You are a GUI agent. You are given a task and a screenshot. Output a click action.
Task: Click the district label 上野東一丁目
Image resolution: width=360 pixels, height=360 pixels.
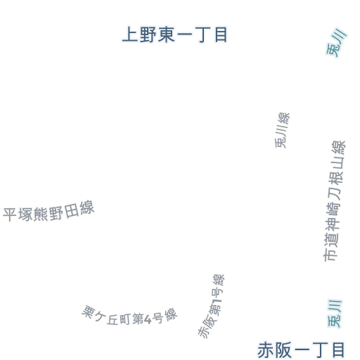click(174, 34)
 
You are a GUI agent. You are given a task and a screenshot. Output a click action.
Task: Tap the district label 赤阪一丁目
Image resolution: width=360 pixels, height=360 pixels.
click(301, 350)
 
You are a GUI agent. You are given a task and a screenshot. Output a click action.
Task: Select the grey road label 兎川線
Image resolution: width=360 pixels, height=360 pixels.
click(283, 130)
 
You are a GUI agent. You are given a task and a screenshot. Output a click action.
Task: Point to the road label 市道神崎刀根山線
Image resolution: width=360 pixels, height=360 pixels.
click(335, 201)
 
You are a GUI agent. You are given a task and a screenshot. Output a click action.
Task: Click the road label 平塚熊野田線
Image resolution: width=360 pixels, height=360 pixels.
click(49, 212)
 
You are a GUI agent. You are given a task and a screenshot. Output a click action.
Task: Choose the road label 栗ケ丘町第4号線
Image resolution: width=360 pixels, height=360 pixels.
click(129, 316)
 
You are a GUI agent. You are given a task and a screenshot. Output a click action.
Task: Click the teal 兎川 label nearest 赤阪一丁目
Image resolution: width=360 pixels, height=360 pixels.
click(335, 314)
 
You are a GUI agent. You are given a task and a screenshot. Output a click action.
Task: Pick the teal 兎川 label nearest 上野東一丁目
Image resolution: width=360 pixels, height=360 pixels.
click(337, 43)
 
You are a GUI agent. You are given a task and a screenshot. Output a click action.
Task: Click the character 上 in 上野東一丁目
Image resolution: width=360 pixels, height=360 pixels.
click(130, 34)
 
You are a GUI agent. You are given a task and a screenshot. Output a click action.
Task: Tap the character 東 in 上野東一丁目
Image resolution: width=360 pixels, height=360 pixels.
click(167, 34)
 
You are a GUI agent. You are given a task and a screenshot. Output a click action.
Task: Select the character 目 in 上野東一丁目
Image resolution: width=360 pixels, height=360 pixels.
click(221, 34)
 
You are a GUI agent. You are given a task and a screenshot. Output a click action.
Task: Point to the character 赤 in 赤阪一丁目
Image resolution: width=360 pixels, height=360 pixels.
click(265, 350)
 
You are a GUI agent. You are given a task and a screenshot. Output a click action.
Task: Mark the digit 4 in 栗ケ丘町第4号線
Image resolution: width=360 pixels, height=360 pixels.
click(148, 319)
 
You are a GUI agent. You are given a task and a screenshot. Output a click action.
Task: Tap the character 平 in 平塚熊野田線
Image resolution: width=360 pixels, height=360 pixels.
click(10, 214)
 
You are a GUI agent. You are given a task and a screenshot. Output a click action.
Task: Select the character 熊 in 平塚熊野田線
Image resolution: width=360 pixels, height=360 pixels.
click(41, 214)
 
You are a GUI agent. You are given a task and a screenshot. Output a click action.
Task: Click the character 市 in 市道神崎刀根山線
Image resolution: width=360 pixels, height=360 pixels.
click(330, 255)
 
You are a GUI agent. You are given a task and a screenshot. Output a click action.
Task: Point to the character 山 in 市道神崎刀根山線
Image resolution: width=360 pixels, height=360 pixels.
click(338, 162)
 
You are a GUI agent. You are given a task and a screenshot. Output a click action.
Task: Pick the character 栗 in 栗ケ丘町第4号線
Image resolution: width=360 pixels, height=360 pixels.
click(89, 311)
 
